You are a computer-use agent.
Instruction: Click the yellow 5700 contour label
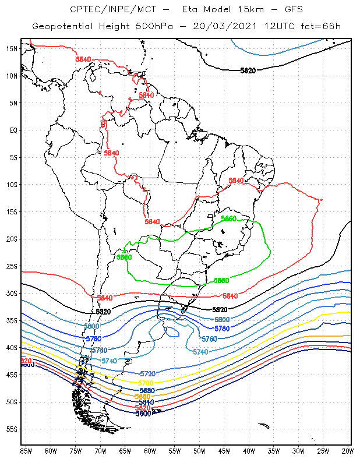[146, 383]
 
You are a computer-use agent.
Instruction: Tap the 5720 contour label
[148, 373]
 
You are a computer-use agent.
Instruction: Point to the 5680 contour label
[146, 390]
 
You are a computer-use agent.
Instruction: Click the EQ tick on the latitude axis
[13, 130]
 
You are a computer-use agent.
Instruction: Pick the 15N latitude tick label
[12, 48]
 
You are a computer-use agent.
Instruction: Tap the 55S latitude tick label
[12, 429]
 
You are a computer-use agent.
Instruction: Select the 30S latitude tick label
[12, 293]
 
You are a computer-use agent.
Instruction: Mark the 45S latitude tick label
[12, 375]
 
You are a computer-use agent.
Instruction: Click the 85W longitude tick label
[26, 450]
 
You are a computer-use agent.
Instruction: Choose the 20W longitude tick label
[348, 450]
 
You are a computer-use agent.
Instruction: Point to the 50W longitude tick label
[199, 450]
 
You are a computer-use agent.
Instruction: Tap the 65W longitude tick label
[125, 450]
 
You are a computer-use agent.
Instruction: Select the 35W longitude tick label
[273, 450]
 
